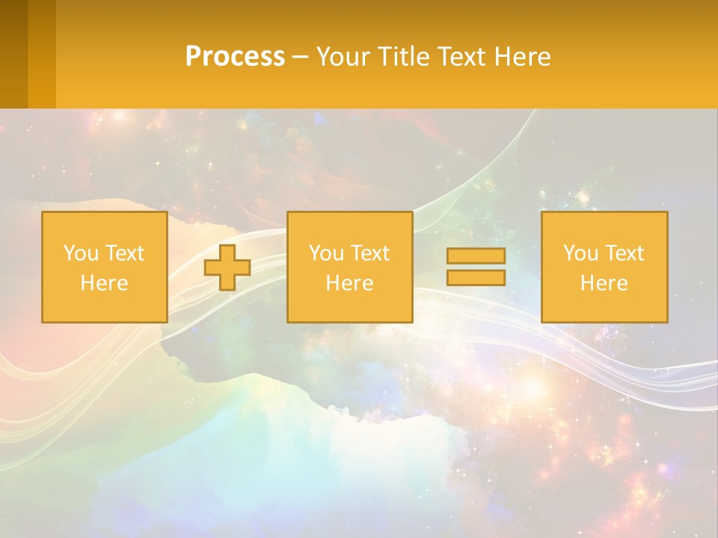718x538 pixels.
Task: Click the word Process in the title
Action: (235, 57)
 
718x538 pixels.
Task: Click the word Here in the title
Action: (522, 57)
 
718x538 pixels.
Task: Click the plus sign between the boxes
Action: (227, 268)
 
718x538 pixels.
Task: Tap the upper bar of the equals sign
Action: (476, 256)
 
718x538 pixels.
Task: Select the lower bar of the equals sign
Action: (476, 277)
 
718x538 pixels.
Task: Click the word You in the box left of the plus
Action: (81, 253)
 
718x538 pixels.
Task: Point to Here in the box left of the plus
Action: (104, 283)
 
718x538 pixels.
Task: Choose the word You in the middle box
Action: (326, 253)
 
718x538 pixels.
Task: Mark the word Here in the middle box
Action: (349, 283)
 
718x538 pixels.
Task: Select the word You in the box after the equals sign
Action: (580, 253)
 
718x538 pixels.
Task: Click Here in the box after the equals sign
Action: (604, 283)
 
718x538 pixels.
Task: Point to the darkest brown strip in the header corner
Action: (13, 54)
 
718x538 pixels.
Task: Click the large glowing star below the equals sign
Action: (533, 388)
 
